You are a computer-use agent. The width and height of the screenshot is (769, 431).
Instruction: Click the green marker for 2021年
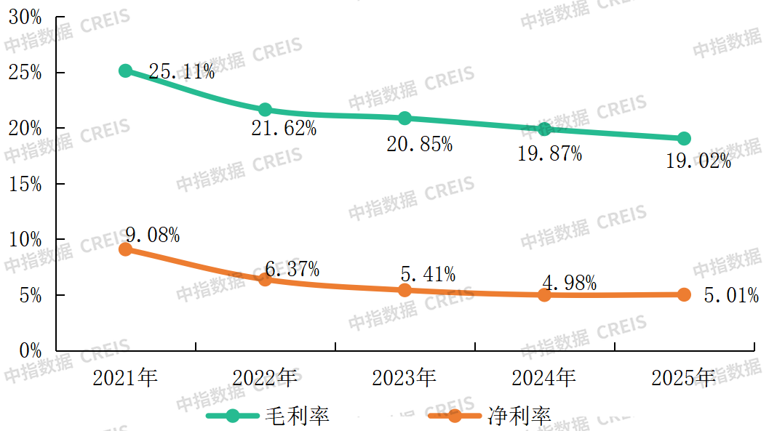(x=125, y=71)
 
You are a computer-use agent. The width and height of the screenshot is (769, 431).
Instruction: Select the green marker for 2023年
(x=405, y=118)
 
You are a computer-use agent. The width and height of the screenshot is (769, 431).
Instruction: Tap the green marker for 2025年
(x=684, y=139)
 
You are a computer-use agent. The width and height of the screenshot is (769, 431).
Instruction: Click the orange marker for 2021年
(x=125, y=249)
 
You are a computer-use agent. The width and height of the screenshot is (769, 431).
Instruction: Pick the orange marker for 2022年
(x=265, y=279)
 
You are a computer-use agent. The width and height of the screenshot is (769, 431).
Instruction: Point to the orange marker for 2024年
(x=544, y=295)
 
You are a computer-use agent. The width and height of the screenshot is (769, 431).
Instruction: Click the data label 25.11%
(x=181, y=71)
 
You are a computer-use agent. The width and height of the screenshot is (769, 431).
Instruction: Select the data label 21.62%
(x=284, y=129)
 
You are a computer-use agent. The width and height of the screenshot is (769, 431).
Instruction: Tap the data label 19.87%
(x=549, y=153)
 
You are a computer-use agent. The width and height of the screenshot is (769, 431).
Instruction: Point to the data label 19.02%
(x=698, y=161)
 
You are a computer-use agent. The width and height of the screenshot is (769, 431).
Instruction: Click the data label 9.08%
(x=152, y=235)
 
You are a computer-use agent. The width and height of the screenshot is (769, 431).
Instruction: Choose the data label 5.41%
(x=428, y=274)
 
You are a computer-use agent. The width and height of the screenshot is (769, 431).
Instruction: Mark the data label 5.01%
(x=731, y=295)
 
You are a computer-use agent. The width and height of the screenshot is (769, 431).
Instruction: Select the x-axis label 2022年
(x=265, y=378)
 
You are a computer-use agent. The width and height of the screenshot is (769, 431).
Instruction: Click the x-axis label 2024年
(x=544, y=378)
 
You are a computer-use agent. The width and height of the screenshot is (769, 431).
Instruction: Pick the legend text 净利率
(x=519, y=416)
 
